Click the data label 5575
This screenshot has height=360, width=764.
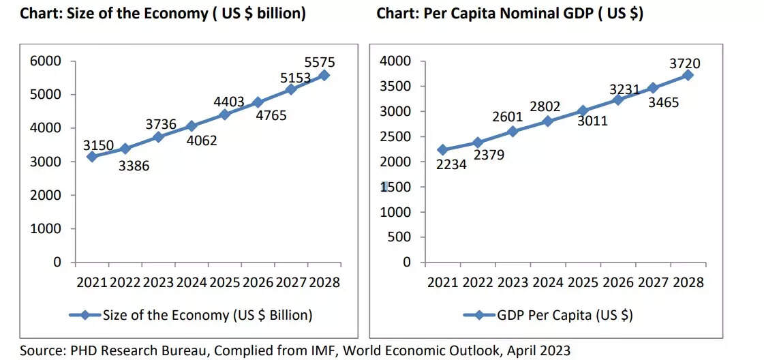click(320, 63)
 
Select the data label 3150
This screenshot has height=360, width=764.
click(98, 145)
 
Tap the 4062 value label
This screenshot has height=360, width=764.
click(202, 141)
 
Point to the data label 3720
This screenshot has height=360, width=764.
click(684, 64)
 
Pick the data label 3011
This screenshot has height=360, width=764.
click(592, 121)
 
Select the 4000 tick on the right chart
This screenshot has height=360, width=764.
click(395, 61)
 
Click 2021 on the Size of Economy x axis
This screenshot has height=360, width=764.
click(92, 282)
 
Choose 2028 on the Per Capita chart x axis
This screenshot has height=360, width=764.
click(688, 282)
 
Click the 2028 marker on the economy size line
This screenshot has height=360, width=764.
click(324, 75)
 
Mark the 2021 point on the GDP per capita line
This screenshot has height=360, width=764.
click(442, 150)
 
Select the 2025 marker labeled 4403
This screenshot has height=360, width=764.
click(225, 115)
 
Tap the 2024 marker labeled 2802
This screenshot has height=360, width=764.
click(548, 121)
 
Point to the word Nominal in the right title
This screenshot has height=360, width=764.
click(515, 14)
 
